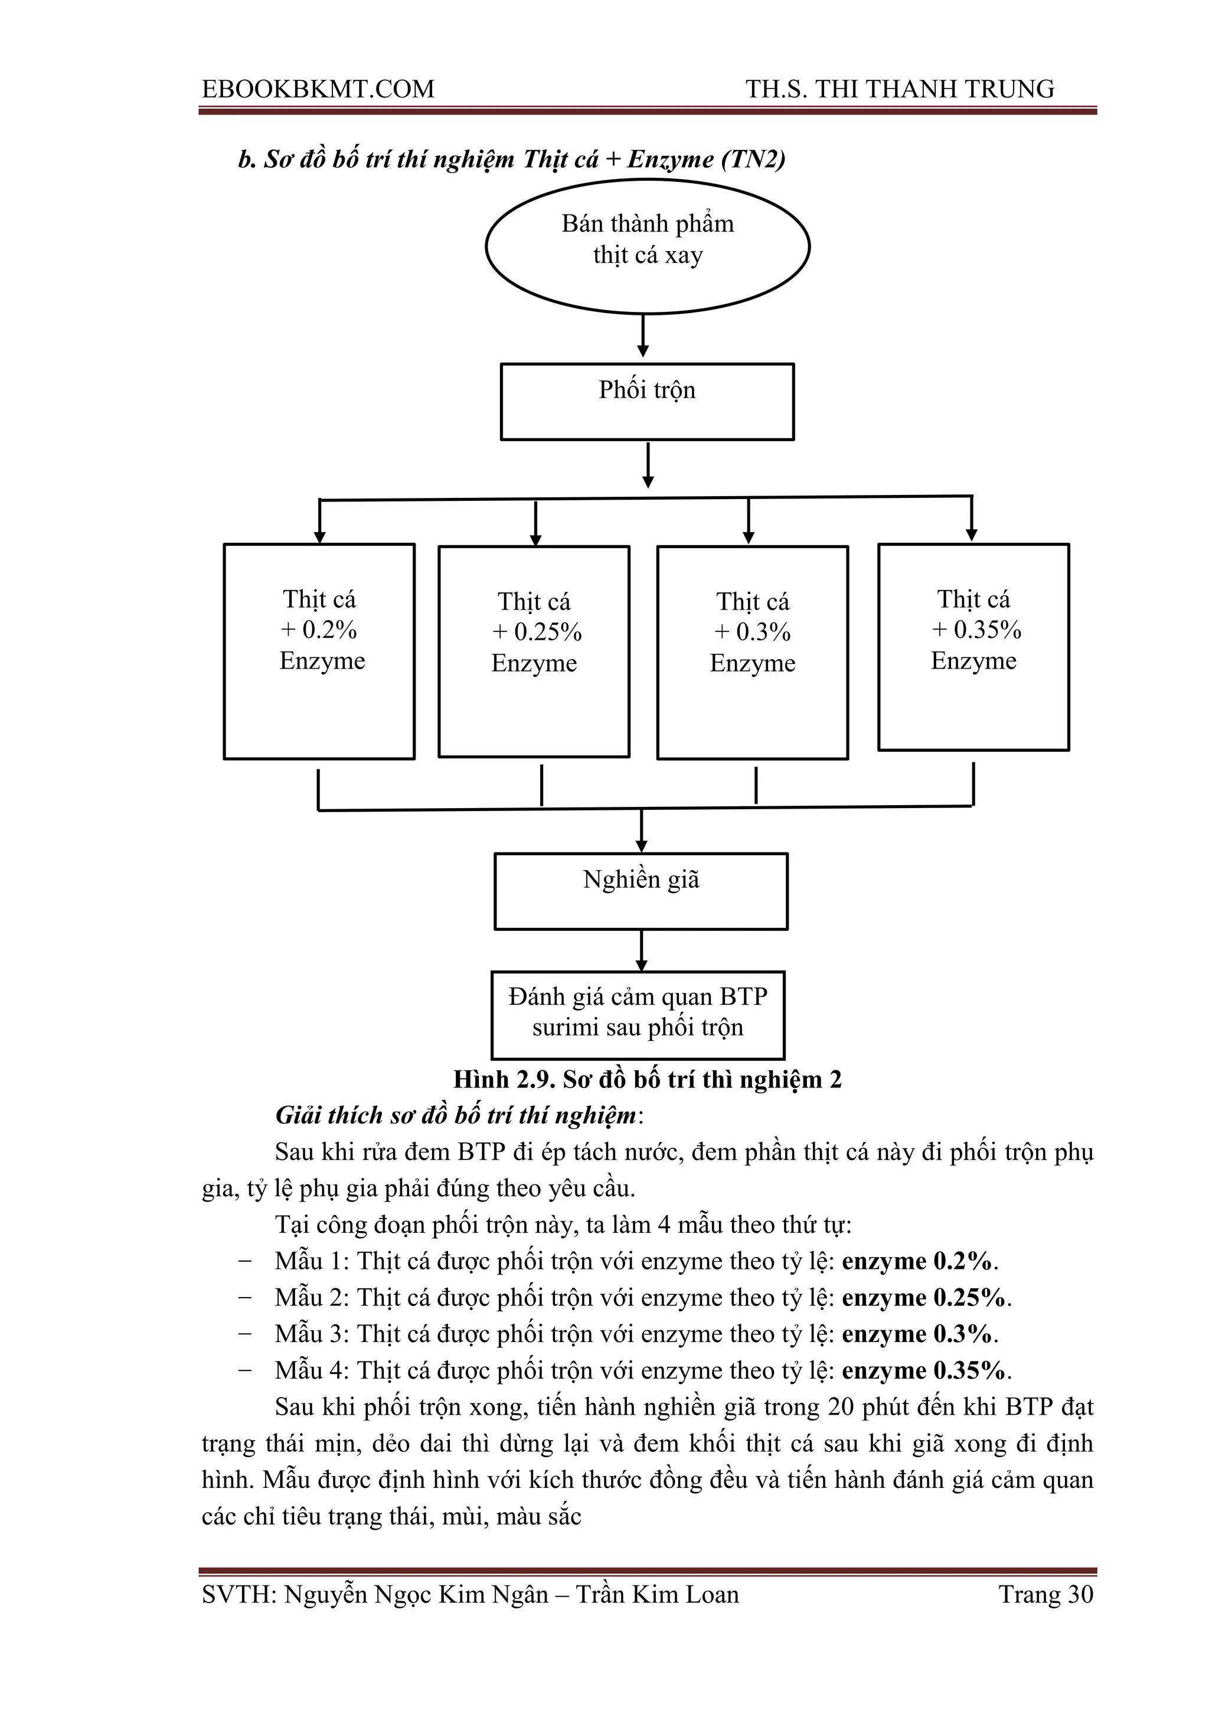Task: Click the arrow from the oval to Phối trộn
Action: pyautogui.click(x=643, y=337)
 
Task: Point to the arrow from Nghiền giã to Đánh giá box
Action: pyautogui.click(x=642, y=950)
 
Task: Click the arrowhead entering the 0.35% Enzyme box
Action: pyautogui.click(x=972, y=534)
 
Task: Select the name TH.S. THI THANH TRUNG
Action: pyautogui.click(x=900, y=89)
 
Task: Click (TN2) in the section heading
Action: pyautogui.click(x=753, y=159)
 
